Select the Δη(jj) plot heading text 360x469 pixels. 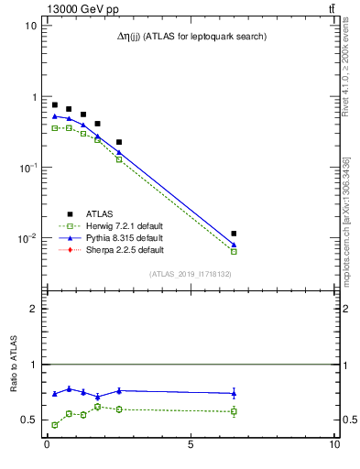click(x=188, y=36)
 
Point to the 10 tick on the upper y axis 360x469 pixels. click(x=30, y=26)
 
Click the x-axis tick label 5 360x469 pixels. click(x=191, y=446)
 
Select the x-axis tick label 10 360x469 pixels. click(x=333, y=446)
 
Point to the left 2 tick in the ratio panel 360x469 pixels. click(x=33, y=309)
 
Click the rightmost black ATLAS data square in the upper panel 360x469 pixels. click(x=234, y=234)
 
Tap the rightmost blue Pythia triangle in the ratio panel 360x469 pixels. click(x=234, y=393)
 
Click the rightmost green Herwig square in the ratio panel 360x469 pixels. click(x=234, y=411)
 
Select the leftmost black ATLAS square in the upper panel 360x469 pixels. click(x=55, y=105)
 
